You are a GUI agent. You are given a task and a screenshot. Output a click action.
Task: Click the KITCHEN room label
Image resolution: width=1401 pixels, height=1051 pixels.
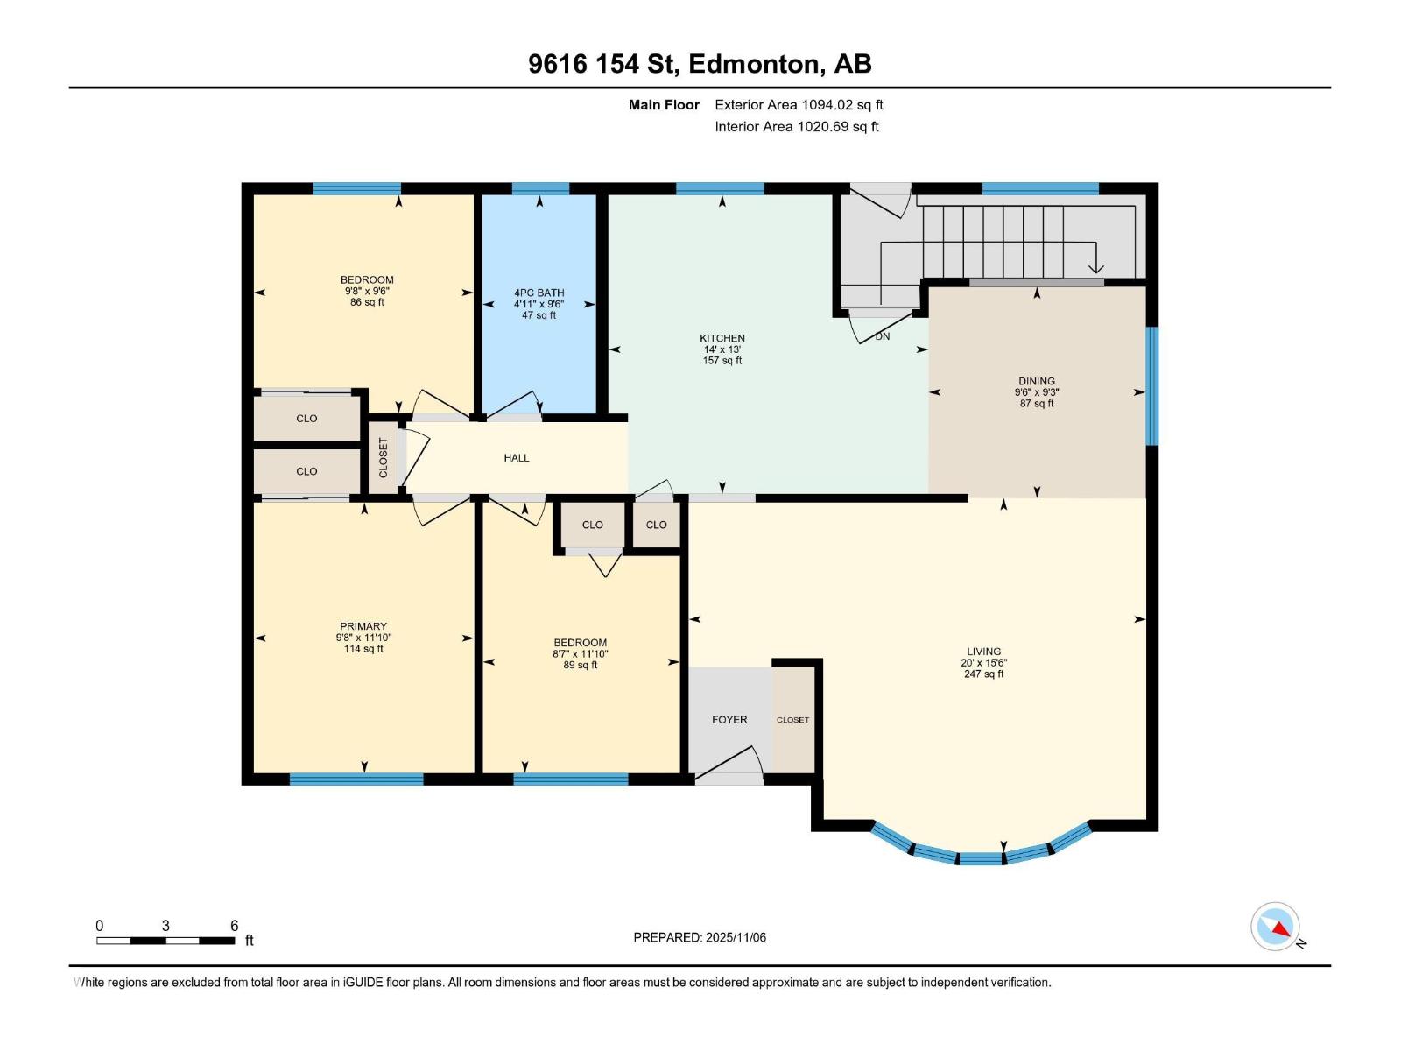[x=722, y=338]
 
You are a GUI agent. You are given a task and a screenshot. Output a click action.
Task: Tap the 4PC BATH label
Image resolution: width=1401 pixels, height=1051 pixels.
[x=539, y=293]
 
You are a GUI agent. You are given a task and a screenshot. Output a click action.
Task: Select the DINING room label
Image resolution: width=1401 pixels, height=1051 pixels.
[x=1036, y=381]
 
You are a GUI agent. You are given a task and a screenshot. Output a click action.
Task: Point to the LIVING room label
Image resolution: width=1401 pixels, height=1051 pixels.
[x=983, y=652]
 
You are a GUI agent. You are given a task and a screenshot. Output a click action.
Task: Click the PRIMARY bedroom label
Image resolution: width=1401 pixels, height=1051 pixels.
[x=363, y=626]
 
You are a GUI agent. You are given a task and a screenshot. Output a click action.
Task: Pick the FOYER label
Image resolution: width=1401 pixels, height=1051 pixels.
[x=729, y=720]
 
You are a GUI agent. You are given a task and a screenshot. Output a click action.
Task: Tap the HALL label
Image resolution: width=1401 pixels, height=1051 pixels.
[x=517, y=458]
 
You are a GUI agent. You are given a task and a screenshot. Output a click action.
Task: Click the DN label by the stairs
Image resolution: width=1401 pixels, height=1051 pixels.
[x=883, y=336]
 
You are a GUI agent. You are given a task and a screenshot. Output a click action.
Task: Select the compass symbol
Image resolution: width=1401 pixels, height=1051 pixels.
[x=1275, y=927]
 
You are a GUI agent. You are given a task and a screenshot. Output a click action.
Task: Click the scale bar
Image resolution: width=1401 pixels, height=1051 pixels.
[x=165, y=941]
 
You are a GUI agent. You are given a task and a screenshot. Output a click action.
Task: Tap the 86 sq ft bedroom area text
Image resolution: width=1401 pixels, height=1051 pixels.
[x=367, y=302]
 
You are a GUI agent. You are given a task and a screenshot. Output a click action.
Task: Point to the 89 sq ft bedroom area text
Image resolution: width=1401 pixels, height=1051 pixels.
[x=580, y=665]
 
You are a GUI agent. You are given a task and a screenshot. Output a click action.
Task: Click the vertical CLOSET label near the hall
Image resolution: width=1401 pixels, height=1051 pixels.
[x=383, y=458]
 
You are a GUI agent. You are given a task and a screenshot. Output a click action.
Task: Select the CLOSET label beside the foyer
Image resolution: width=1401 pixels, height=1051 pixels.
[x=792, y=720]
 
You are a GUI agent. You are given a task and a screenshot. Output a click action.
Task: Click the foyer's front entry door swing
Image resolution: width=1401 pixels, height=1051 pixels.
[x=730, y=763]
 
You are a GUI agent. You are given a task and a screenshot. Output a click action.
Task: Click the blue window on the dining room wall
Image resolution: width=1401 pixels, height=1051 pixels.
[x=1152, y=385]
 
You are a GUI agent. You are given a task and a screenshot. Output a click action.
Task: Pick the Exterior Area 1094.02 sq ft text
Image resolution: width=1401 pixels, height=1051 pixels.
[x=799, y=105]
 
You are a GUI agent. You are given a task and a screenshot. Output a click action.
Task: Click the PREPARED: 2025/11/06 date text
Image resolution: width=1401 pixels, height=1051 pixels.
[x=700, y=937]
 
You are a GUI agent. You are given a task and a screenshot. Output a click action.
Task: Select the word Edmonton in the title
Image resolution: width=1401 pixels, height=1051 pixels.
[x=756, y=64]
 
